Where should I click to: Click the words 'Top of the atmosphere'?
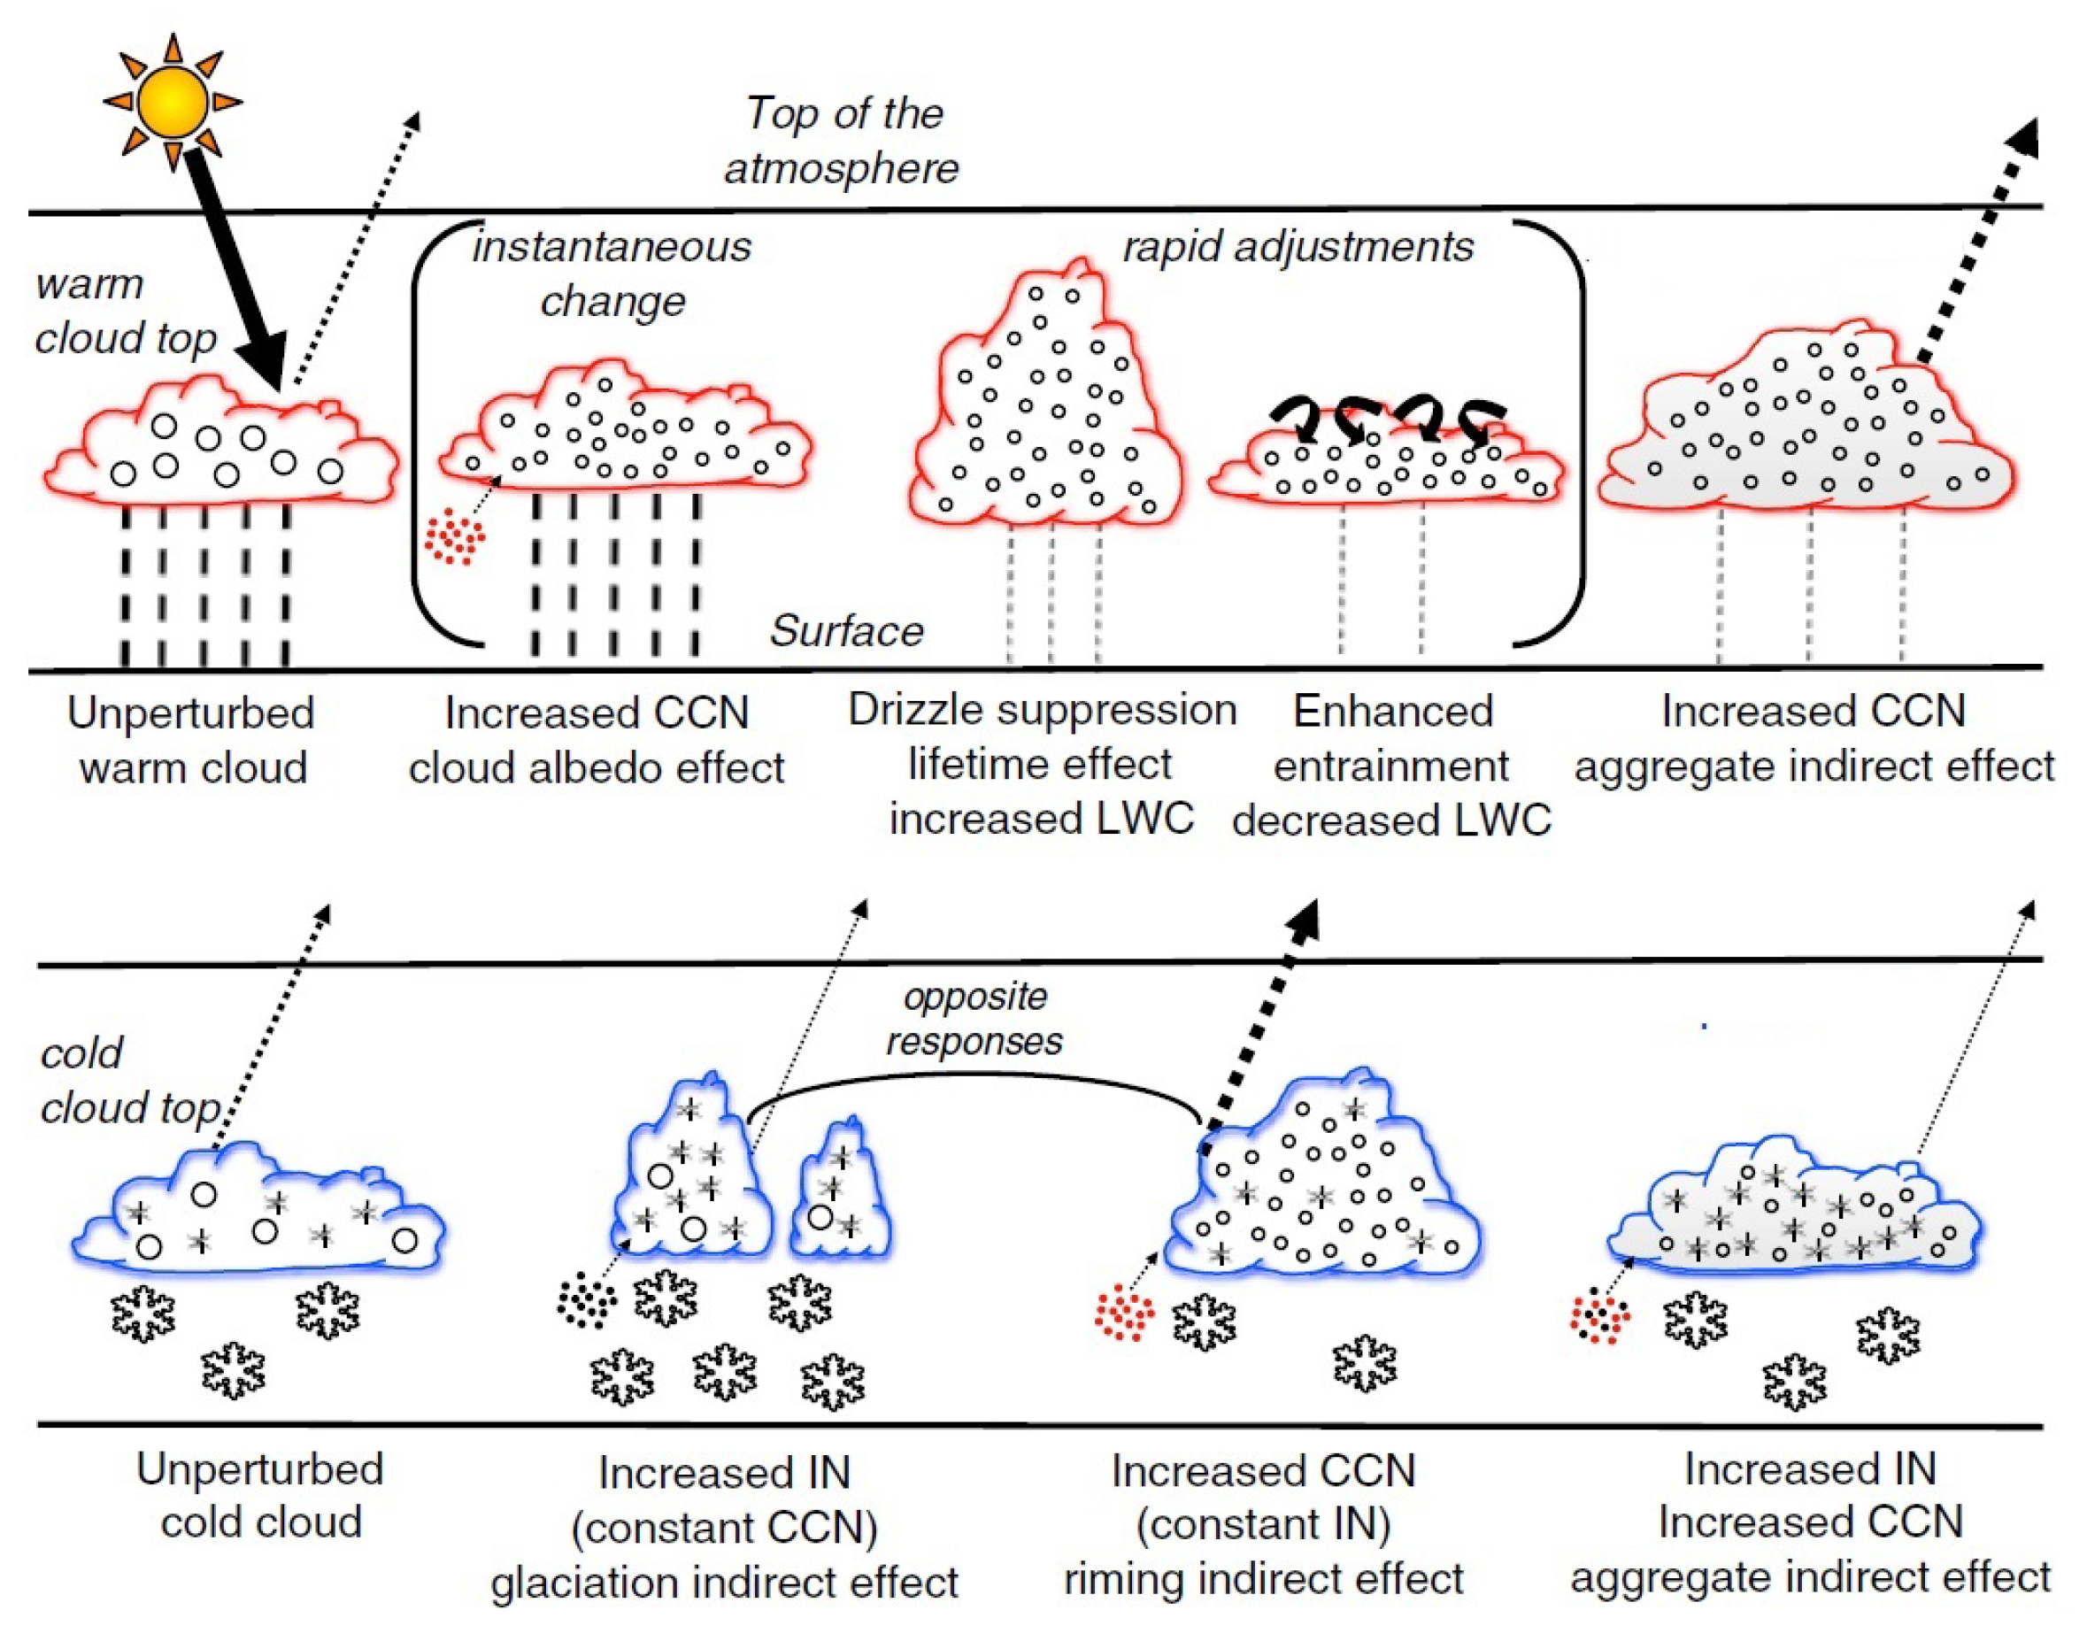point(843,140)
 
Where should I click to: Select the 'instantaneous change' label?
point(612,273)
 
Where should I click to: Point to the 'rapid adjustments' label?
point(1298,247)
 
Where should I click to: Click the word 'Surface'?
point(846,631)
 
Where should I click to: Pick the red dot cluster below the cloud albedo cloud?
point(455,537)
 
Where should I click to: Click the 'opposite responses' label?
point(974,1019)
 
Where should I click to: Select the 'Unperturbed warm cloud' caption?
point(192,740)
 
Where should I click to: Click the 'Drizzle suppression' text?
point(1042,711)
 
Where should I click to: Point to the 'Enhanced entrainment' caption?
point(1392,738)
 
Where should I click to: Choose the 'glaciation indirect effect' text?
point(725,1583)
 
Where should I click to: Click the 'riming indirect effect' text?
point(1264,1578)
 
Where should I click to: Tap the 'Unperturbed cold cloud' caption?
point(260,1495)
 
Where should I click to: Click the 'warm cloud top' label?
point(125,312)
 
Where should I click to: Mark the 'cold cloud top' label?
point(130,1081)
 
